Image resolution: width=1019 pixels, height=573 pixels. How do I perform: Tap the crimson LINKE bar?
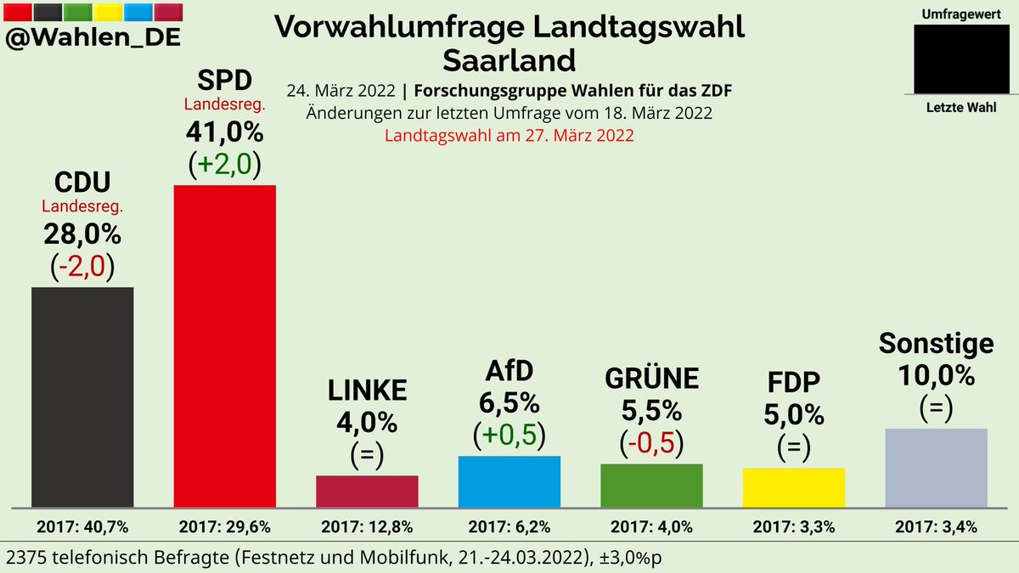367,491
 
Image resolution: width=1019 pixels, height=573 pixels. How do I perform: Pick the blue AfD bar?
509,481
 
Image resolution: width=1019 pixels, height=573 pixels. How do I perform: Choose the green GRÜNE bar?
650,485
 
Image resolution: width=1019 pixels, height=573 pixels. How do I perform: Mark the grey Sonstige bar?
936,467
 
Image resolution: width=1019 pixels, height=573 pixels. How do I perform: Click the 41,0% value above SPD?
224,132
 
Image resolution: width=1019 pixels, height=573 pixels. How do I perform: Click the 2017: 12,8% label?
367,527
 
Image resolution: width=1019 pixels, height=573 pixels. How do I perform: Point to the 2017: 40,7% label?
82,527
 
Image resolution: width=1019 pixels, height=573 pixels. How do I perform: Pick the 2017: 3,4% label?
936,527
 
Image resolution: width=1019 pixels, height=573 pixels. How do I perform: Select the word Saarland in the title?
509,60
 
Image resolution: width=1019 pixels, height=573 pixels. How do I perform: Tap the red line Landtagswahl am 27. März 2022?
509,136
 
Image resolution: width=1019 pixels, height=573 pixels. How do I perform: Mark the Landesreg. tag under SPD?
224,104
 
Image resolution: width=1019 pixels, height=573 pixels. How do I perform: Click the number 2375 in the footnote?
28,556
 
